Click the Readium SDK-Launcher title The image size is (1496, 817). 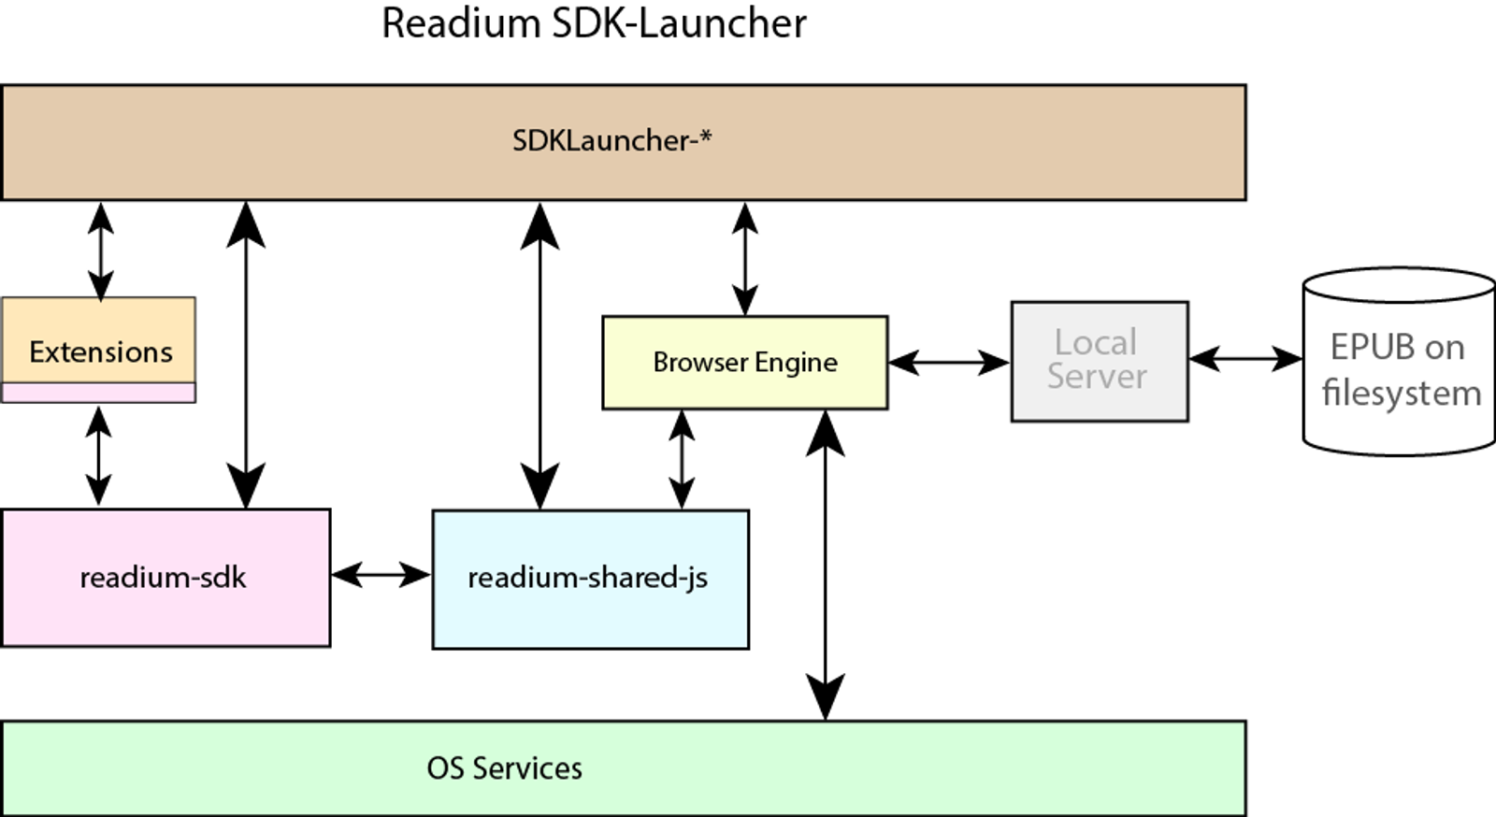tap(594, 23)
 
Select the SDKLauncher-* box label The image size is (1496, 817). tap(611, 141)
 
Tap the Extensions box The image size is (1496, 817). tap(99, 340)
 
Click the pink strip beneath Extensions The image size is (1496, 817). tap(99, 394)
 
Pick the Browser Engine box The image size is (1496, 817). tap(745, 363)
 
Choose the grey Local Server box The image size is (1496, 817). tap(1100, 361)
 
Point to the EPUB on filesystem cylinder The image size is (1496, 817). tap(1399, 362)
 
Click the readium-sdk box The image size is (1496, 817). tap(165, 578)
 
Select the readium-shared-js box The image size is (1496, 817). tap(591, 580)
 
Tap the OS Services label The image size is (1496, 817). tap(504, 768)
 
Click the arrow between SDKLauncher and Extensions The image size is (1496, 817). tap(101, 251)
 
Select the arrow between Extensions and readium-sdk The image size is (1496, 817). tap(99, 456)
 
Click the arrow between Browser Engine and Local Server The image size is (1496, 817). tap(949, 363)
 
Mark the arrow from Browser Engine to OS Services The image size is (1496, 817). tap(826, 566)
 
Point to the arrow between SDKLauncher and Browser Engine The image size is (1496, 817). tap(744, 258)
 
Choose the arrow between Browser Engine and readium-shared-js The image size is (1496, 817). tap(682, 460)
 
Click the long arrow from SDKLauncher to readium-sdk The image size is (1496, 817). tap(246, 355)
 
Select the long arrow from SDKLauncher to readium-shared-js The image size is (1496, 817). tap(539, 356)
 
